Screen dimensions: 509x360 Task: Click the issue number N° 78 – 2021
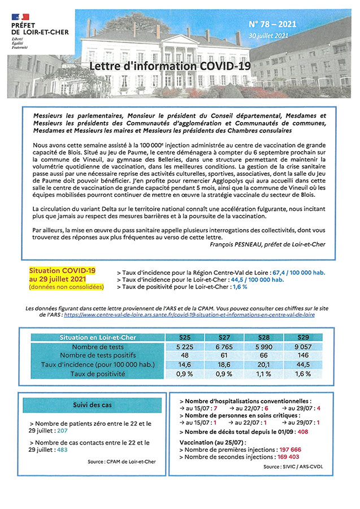(273, 25)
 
